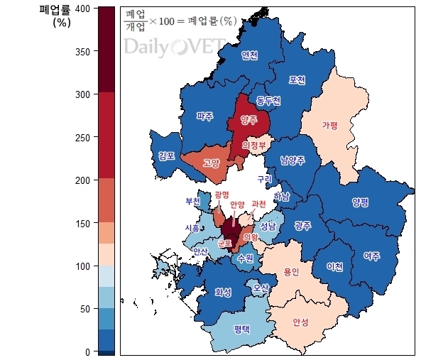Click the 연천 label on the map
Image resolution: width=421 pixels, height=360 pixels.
coord(249,55)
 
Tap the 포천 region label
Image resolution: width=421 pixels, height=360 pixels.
coord(297,80)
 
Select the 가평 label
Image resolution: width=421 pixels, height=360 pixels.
coord(329,125)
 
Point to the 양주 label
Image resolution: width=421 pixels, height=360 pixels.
coord(248,120)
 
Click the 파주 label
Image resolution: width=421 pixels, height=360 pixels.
coord(204,116)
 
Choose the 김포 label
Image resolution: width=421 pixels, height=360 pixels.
coord(167,156)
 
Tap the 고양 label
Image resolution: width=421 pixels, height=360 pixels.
coord(211,163)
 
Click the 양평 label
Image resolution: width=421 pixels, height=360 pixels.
coord(360,202)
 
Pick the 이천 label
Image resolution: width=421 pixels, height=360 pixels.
coord(334,266)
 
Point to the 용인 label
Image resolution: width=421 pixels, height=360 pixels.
coord(291,271)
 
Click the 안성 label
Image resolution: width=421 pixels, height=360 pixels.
coord(300,322)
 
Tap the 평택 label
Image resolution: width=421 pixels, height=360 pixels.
coord(243,329)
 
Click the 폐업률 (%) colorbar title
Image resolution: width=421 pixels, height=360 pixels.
coord(55,16)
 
